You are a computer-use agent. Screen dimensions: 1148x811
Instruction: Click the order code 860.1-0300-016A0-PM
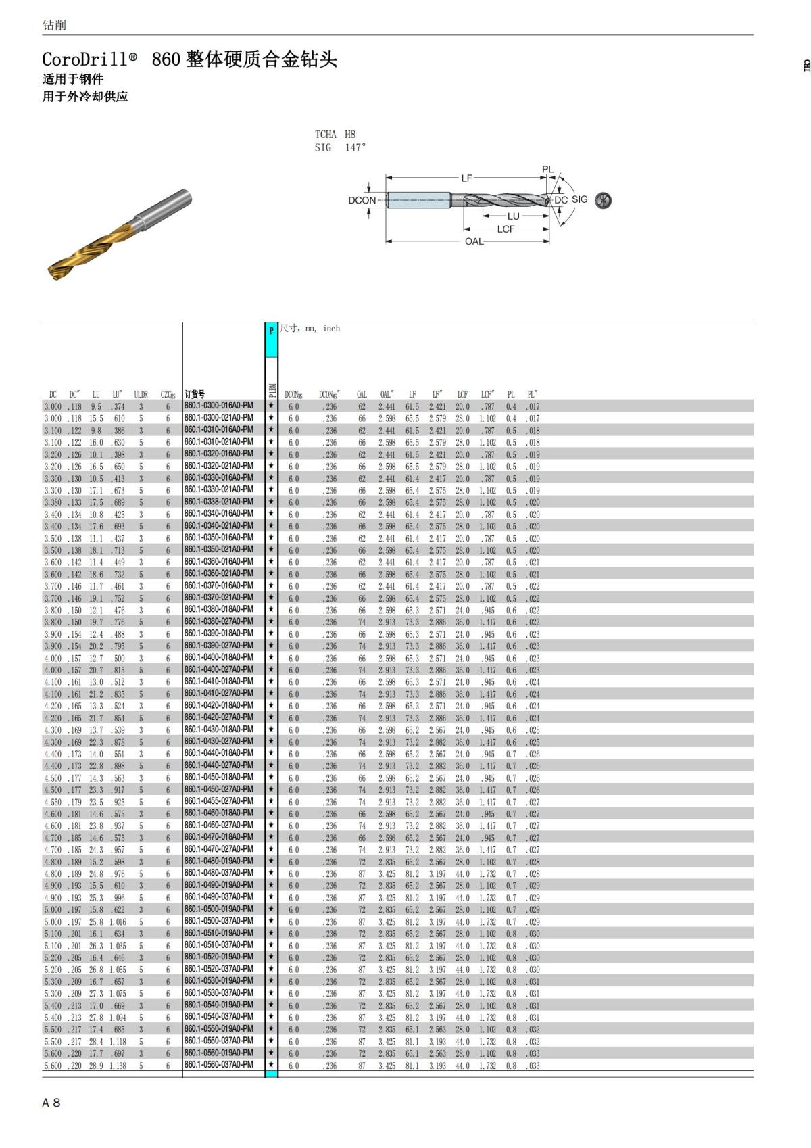[x=218, y=406]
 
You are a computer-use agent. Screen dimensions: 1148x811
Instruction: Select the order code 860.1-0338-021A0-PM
[x=218, y=502]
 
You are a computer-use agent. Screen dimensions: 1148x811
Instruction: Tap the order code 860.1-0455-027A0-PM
[x=218, y=801]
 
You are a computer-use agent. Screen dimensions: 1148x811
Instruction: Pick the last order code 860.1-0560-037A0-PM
[x=218, y=1065]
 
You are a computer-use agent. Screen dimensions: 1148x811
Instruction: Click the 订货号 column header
[x=195, y=394]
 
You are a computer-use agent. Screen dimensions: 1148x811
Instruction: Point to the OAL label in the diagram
[x=474, y=241]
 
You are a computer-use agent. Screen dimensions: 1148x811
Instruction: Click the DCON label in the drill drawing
[x=362, y=200]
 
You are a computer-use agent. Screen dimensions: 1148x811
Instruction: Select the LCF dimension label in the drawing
[x=506, y=229]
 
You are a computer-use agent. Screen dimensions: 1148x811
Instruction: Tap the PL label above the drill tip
[x=547, y=170]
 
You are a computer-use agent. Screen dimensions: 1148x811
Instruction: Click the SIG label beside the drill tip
[x=580, y=199]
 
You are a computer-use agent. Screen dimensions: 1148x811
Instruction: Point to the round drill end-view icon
[x=604, y=200]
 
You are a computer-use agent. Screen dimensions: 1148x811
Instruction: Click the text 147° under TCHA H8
[x=355, y=147]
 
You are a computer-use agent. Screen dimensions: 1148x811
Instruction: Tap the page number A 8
[x=51, y=1103]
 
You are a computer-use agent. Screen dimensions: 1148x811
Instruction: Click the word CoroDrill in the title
[x=84, y=59]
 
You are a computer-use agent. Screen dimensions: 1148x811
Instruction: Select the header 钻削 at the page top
[x=54, y=25]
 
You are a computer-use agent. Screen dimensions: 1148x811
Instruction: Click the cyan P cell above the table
[x=271, y=331]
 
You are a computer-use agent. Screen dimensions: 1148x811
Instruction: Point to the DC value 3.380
[x=53, y=502]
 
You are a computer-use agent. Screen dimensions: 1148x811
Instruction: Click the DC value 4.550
[x=53, y=802]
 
